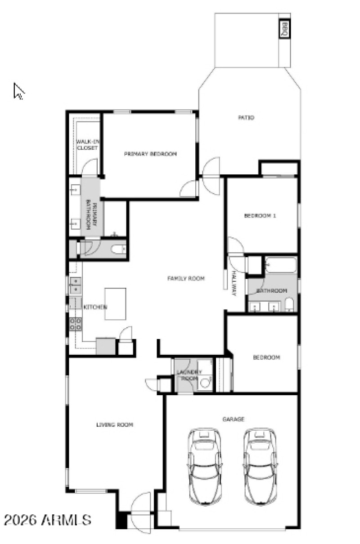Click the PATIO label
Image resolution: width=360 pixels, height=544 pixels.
pos(246,118)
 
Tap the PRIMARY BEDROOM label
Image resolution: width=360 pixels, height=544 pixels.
pos(150,154)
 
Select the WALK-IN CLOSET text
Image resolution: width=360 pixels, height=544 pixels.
pos(87,145)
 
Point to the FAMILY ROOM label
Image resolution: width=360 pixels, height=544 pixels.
pos(186,279)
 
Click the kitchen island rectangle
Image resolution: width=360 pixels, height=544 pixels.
pos(115,304)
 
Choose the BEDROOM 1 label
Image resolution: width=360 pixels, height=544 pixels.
pos(260,216)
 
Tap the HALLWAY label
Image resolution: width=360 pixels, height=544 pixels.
pos(234,284)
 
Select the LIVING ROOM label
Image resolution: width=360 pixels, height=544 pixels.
pos(115,424)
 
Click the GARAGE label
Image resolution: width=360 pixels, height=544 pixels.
pos(234,419)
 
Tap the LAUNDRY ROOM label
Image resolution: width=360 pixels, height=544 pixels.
pos(189,375)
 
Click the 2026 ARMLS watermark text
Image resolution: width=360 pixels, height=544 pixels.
pos(48,520)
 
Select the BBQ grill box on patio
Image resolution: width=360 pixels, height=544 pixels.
pos(285,30)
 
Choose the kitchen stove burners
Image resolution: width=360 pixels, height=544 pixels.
pos(75,323)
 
